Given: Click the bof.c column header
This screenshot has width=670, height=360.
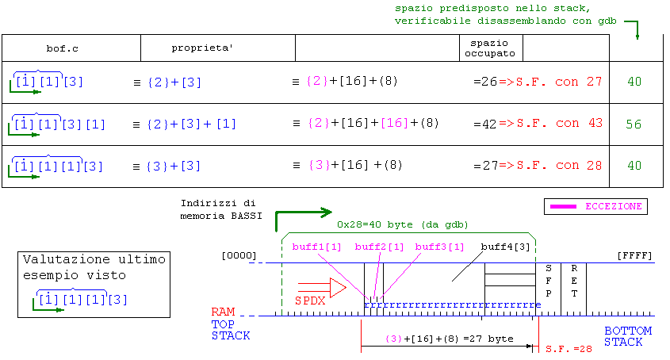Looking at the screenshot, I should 62,49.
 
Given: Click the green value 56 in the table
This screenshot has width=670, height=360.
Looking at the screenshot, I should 634,124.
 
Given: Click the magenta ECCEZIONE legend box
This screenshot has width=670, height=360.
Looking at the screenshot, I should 595,206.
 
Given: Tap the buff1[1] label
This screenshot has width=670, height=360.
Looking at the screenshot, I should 316,247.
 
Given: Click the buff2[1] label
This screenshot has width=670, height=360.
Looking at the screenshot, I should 380,247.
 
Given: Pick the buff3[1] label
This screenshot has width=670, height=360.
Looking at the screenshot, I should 440,247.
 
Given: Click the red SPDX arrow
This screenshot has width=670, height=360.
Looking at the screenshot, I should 320,287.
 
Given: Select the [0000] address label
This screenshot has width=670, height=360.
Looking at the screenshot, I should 239,256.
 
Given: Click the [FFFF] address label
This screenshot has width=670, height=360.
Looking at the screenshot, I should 634,256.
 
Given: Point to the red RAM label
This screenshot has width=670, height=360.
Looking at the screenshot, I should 223,312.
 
